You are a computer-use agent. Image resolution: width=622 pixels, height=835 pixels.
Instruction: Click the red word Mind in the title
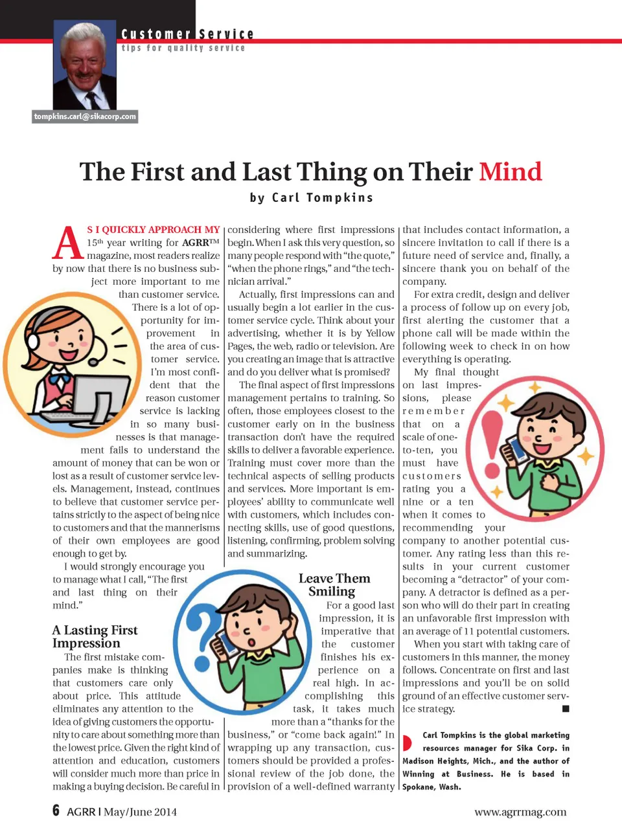click(x=510, y=172)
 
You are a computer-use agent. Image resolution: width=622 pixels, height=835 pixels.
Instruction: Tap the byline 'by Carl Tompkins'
click(x=312, y=197)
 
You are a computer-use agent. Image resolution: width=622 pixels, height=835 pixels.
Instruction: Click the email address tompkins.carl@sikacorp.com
click(x=85, y=117)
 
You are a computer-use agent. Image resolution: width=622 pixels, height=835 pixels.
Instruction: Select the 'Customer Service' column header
click(x=187, y=34)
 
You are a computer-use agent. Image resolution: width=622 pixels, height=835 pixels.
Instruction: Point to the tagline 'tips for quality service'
click(x=183, y=48)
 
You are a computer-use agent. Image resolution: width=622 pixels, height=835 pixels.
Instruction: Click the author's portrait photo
click(x=85, y=65)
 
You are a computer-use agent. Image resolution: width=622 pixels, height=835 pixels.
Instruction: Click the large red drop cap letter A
click(x=67, y=243)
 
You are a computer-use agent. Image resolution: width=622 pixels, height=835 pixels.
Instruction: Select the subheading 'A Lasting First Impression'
click(x=95, y=636)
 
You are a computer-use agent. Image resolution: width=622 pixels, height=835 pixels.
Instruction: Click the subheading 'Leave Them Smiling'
click(x=334, y=584)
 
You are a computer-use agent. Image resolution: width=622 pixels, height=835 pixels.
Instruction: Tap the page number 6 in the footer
click(x=56, y=811)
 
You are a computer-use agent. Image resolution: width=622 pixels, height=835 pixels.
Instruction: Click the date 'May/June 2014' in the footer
click(x=140, y=812)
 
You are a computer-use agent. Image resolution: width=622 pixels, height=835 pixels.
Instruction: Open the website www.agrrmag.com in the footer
click(x=520, y=812)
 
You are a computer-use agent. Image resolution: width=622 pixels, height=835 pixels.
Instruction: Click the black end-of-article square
click(x=566, y=709)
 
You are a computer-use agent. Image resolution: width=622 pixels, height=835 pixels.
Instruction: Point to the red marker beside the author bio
click(x=407, y=742)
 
